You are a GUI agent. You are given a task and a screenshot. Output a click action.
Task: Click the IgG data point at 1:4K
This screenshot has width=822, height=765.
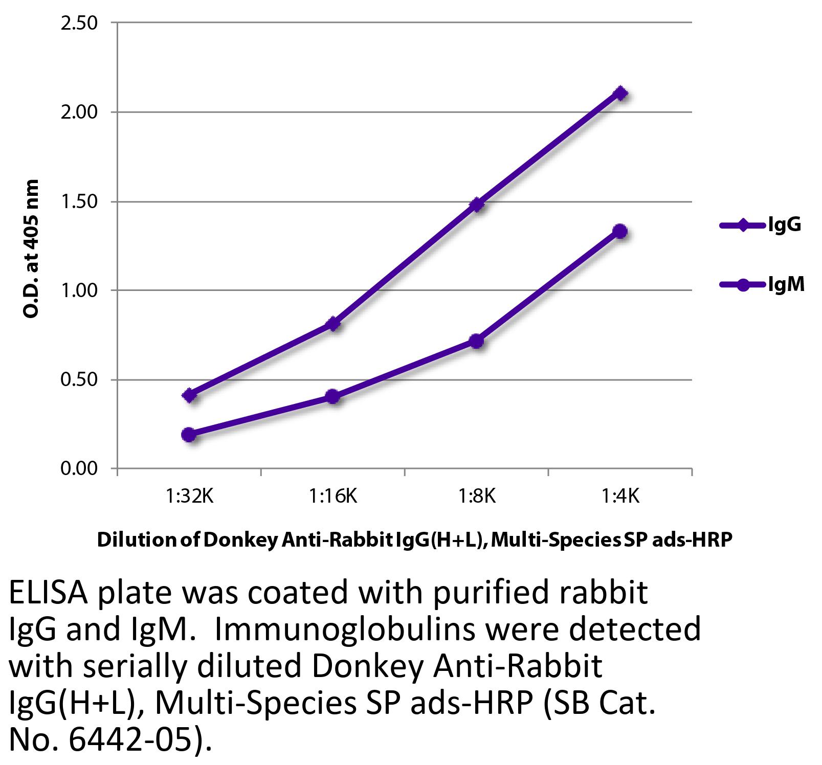pos(620,94)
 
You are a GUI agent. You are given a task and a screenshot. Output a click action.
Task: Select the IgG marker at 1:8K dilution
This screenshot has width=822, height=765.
pos(477,205)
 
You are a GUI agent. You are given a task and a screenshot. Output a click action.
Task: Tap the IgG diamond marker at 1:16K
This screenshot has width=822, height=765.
pos(333,324)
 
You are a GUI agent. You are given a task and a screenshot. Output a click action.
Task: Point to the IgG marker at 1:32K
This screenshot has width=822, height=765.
pos(189,395)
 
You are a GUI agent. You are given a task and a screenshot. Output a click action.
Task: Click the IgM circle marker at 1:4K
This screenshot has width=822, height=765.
pos(620,231)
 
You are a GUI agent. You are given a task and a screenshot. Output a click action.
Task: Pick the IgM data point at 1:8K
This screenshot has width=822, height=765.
pos(476,341)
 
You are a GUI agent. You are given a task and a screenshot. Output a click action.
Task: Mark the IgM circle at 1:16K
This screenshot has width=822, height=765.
pos(332,396)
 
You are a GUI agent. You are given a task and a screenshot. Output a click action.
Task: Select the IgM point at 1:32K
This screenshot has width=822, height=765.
pos(189,435)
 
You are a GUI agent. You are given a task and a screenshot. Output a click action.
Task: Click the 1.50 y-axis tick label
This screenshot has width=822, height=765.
pos(79,201)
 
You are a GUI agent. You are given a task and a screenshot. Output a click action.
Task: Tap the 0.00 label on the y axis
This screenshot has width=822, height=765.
pos(79,468)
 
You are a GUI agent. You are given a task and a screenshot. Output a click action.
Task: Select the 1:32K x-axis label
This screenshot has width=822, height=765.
pos(189,496)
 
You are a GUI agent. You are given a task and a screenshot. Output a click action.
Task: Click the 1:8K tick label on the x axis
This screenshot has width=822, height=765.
pos(476,496)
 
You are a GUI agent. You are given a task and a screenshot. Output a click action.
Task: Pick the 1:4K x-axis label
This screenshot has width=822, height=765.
pos(620,496)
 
